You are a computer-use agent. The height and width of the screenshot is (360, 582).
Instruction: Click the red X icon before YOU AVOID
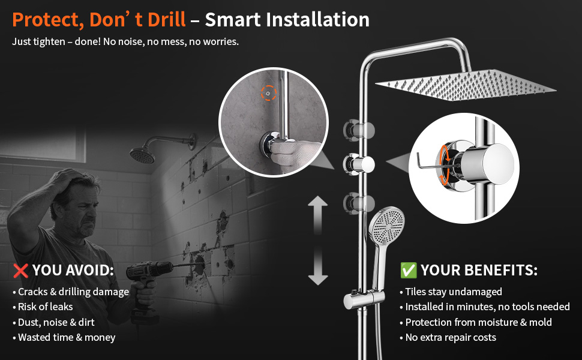[x=20, y=271]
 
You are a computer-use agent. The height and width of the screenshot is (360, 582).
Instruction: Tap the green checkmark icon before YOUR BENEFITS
[x=408, y=270]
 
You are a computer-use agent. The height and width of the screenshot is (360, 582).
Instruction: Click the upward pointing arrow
[x=318, y=215]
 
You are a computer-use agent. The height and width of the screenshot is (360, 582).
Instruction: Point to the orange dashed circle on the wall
[x=268, y=93]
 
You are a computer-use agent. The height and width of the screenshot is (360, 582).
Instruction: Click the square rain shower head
[x=466, y=85]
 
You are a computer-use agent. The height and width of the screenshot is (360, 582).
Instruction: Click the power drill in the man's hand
[x=148, y=286]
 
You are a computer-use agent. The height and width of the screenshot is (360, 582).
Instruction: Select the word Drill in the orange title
[x=167, y=20]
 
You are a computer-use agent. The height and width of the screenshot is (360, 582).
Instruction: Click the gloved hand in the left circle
[x=293, y=155]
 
